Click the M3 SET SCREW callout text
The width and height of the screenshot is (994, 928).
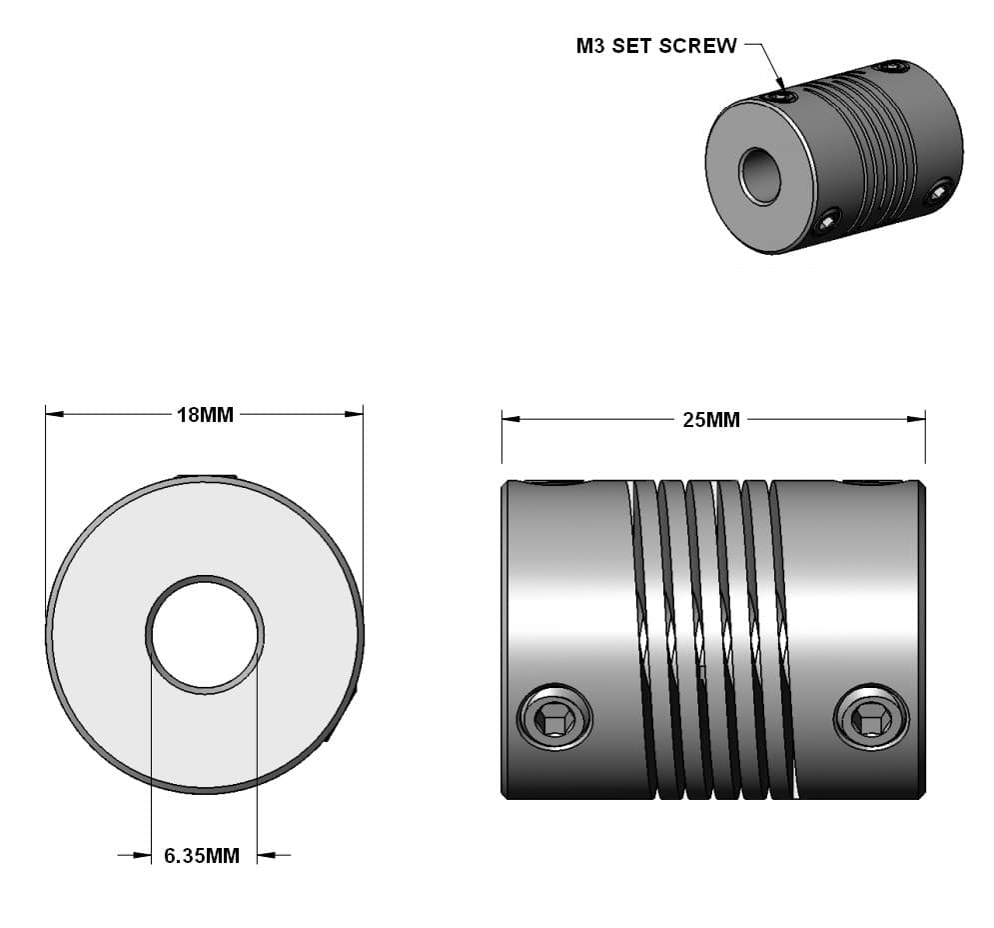pos(656,46)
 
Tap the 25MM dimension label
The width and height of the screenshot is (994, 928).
pos(711,420)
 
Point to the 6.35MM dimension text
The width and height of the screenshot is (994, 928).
pos(202,856)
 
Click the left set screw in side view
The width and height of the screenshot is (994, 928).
pos(554,717)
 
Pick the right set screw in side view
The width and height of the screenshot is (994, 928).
pos(870,717)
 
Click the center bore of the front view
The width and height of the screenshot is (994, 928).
pos(205,634)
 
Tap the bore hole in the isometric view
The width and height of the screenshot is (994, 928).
pos(761,176)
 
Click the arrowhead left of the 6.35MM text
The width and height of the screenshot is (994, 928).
pos(142,855)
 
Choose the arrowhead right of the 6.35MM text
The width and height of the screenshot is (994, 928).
pos(266,855)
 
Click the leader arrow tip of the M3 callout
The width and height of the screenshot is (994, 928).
pos(781,87)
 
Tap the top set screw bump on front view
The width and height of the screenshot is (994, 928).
pos(206,477)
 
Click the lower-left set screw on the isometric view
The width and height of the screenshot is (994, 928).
pos(827,221)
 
